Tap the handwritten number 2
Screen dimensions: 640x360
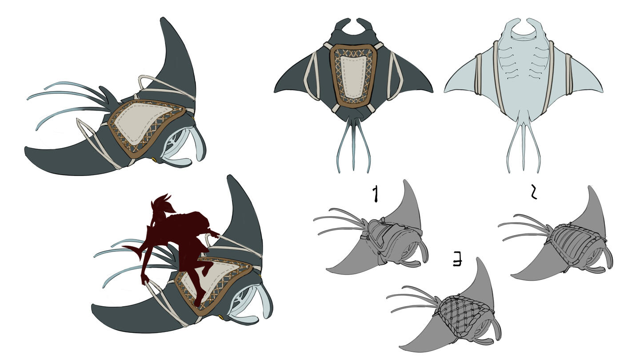[x=533, y=192]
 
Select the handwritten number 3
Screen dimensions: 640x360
[x=458, y=260]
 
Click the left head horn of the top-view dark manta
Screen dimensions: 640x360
[x=343, y=23]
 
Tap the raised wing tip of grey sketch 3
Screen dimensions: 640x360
[x=478, y=260]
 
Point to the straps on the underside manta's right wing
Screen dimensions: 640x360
[x=568, y=75]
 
